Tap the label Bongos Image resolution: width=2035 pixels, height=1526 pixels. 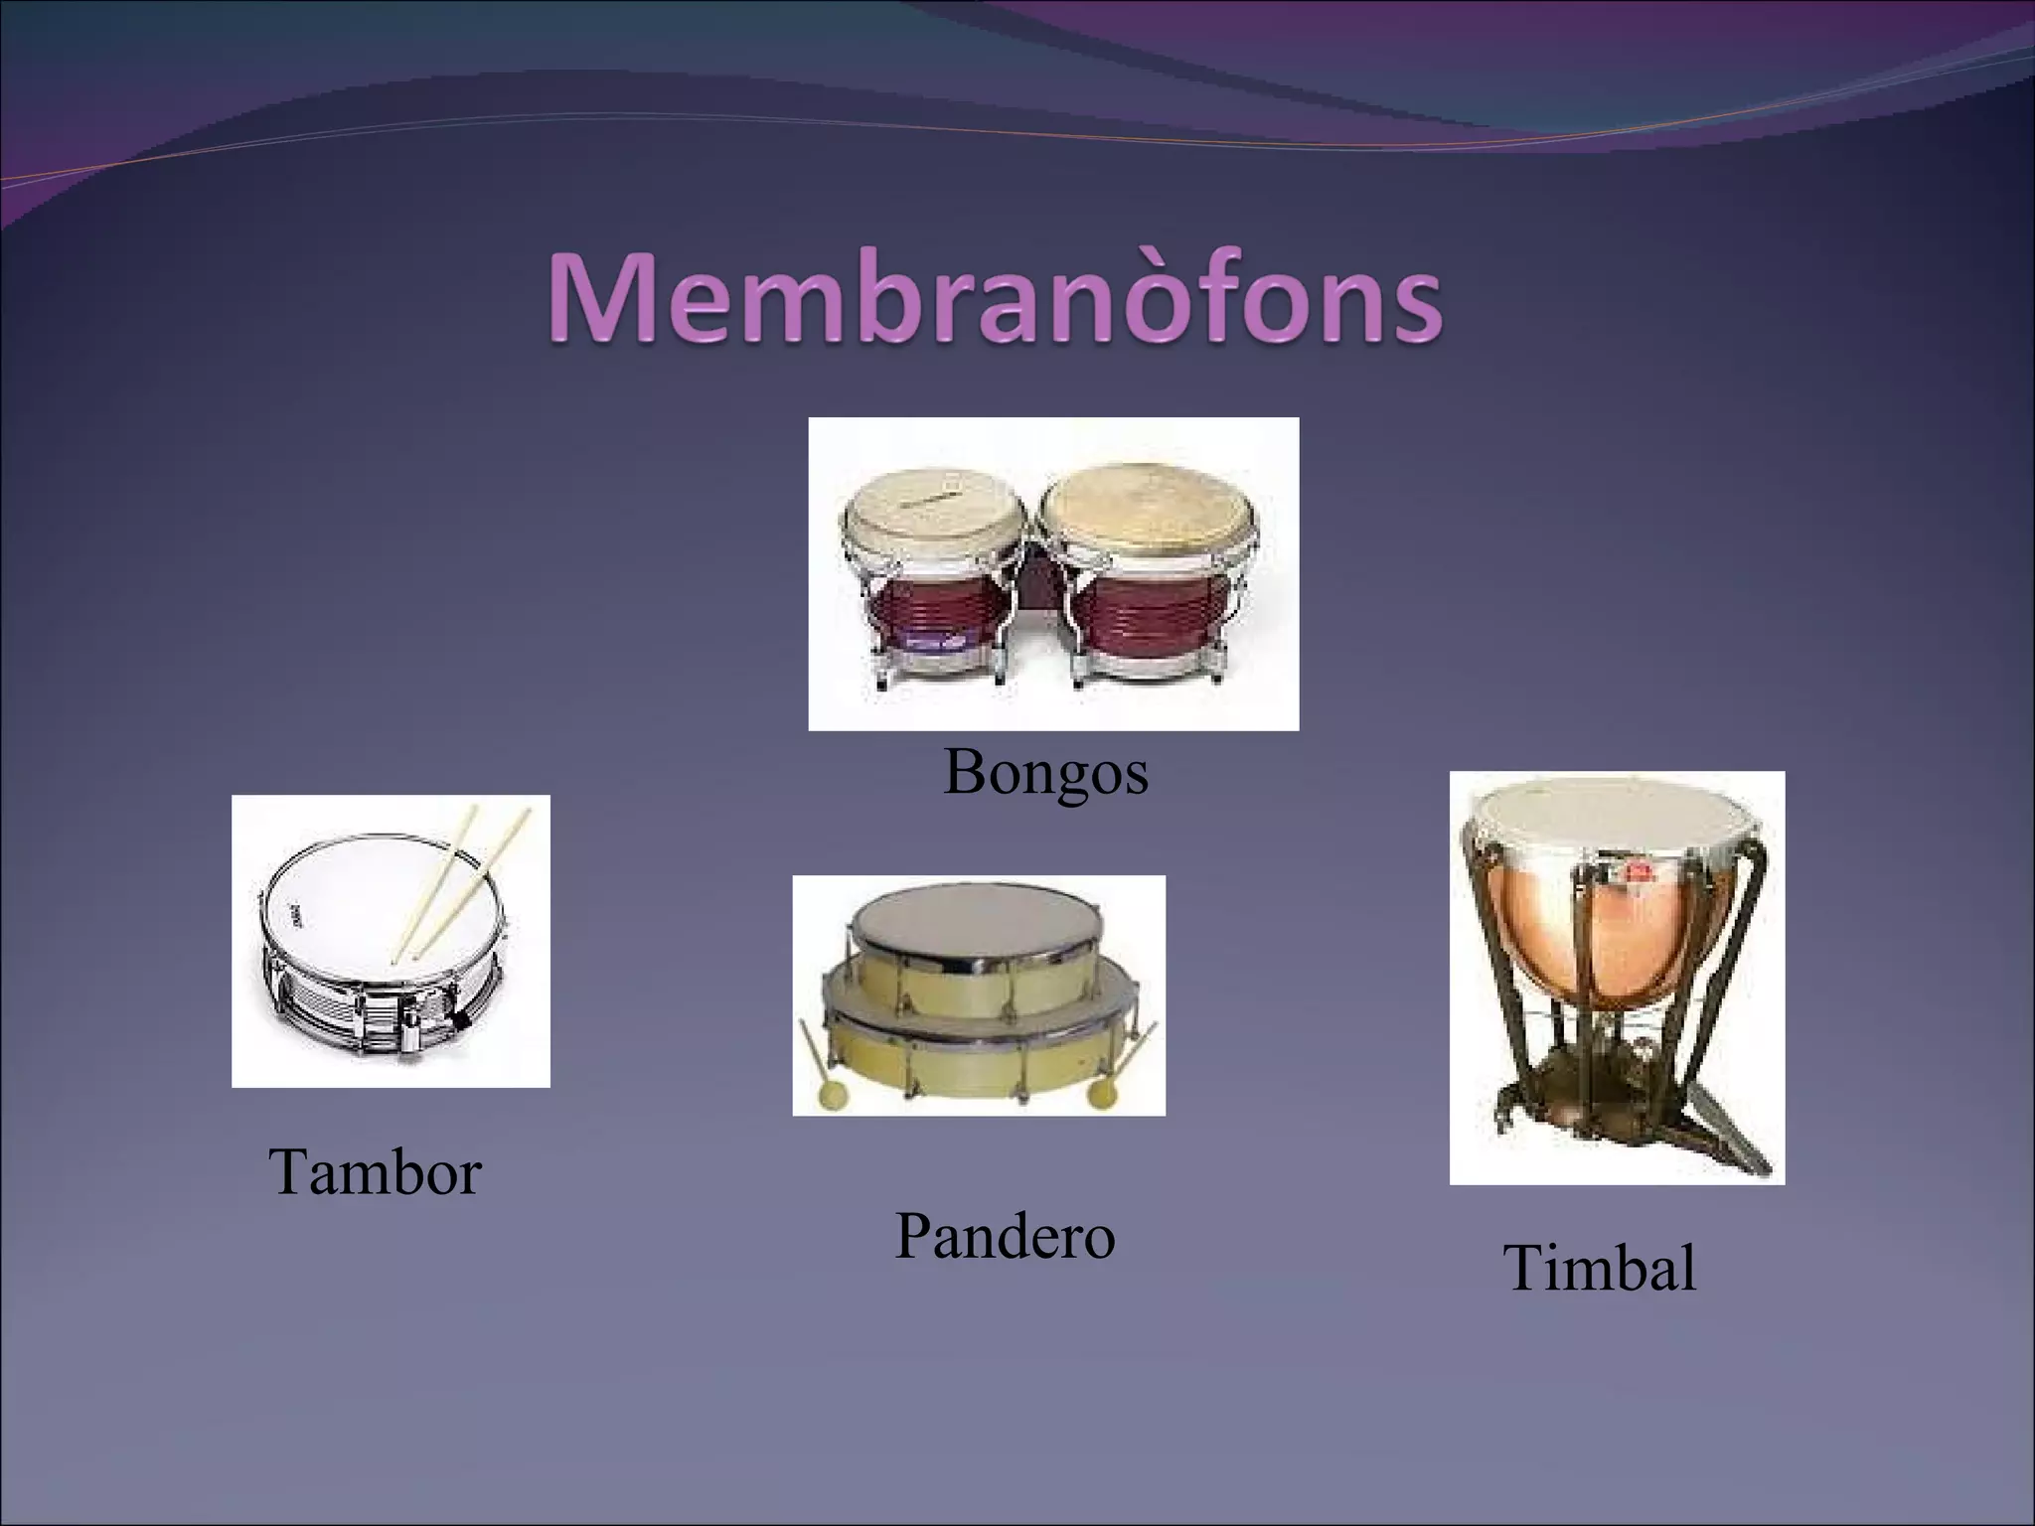[x=1045, y=772]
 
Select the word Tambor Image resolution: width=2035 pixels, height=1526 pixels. [x=375, y=1171]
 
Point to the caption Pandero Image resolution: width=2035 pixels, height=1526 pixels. [x=1005, y=1237]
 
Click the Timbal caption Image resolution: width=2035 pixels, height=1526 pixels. [x=1600, y=1269]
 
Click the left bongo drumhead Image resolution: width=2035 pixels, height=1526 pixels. [x=932, y=512]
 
